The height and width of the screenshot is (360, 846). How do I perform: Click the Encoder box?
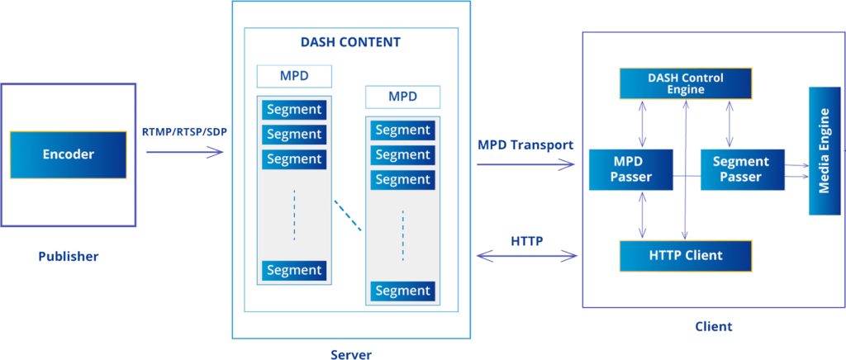tap(68, 154)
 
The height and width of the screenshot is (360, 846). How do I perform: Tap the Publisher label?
tap(68, 257)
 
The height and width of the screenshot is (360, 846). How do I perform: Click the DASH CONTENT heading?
tap(350, 43)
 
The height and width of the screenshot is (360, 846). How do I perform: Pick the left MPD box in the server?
tap(294, 77)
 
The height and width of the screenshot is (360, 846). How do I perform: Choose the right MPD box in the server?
tap(402, 97)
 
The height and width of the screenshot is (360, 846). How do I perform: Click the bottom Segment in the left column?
tap(294, 270)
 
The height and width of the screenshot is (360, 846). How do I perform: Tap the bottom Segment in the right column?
tap(402, 291)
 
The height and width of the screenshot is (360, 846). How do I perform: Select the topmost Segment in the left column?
tap(294, 110)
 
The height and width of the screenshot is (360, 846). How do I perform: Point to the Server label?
tap(350, 354)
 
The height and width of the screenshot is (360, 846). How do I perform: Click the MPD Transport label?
tap(525, 144)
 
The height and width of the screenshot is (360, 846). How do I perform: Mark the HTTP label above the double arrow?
tap(526, 242)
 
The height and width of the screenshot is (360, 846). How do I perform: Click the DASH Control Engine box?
tap(685, 83)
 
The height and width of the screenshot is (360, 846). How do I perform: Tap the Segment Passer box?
tap(740, 169)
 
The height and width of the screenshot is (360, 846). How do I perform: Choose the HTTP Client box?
tap(685, 256)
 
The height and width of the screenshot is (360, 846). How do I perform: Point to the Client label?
tap(713, 326)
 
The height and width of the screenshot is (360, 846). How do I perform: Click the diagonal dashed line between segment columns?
tap(348, 215)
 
